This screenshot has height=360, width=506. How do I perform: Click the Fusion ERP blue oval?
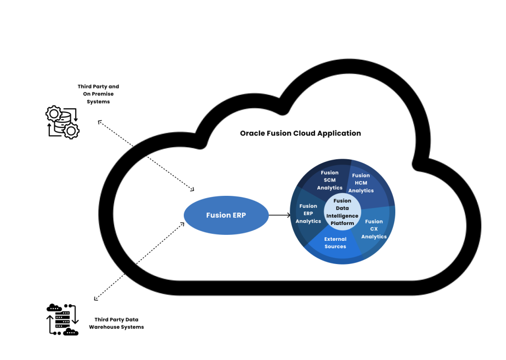click(226, 215)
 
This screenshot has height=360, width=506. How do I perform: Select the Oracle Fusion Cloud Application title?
click(300, 133)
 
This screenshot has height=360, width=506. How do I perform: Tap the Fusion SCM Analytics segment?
click(330, 180)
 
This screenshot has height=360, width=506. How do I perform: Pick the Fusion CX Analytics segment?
click(374, 228)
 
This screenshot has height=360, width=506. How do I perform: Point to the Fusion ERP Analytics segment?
click(308, 213)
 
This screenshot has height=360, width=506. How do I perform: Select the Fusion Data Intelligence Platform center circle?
click(342, 212)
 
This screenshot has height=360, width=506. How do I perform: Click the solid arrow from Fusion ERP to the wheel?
click(280, 215)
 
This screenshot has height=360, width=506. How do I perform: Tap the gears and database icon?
click(62, 122)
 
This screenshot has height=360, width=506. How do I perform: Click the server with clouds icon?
click(62, 319)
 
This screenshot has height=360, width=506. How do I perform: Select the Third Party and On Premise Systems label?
click(98, 94)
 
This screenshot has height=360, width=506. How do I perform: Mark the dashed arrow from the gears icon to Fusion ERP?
click(146, 155)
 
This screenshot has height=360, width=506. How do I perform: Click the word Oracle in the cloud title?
click(252, 133)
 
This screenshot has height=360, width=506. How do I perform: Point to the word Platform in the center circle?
click(342, 223)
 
